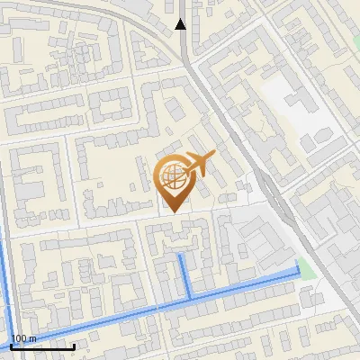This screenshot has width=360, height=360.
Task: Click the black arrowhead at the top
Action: pos(181,24)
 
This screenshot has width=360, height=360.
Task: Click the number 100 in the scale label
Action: pos(20,339)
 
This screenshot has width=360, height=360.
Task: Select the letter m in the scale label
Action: pos(33,339)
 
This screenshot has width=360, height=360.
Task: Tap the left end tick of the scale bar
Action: pos(11,345)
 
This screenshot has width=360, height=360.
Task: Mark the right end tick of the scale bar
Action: pos(74,345)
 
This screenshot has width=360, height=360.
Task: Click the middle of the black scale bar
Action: pos(42,346)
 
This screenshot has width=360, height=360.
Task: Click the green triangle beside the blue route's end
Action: pos(309,268)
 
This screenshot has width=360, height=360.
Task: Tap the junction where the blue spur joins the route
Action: pos(188,298)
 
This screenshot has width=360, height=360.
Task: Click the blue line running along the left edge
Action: pos(4,279)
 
